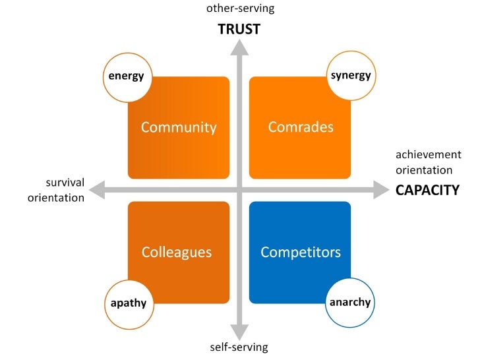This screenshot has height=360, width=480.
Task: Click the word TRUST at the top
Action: click(239, 29)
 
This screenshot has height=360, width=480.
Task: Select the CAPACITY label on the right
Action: click(427, 190)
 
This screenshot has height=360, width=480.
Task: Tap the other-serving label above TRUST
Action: click(240, 9)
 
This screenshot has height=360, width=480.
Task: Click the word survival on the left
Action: click(65, 182)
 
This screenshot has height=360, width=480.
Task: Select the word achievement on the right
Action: click(428, 154)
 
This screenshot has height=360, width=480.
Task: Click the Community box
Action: click(179, 127)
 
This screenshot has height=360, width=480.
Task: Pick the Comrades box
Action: click(301, 127)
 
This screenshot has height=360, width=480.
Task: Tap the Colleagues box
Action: click(177, 252)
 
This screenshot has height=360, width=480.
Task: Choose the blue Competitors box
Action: click(301, 252)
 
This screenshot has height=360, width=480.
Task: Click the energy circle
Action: click(126, 76)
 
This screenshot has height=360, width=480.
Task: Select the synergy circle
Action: click(351, 76)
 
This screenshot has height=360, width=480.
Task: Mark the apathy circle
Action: click(128, 303)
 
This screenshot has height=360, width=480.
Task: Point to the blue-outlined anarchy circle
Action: click(350, 303)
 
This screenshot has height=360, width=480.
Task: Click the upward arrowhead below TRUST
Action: click(239, 47)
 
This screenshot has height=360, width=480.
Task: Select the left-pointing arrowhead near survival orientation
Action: click(98, 190)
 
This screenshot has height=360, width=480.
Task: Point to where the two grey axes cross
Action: click(239, 190)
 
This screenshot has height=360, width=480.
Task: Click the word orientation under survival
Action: click(56, 197)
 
